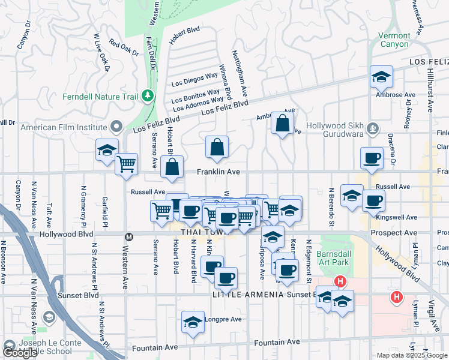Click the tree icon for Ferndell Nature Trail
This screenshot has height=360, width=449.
[146, 96]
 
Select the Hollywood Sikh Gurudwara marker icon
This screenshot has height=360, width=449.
[373, 127]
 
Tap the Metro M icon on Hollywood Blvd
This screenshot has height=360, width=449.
[127, 237]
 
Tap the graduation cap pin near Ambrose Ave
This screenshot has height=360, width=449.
[381, 76]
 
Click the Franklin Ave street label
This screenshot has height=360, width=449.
[220, 172]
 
